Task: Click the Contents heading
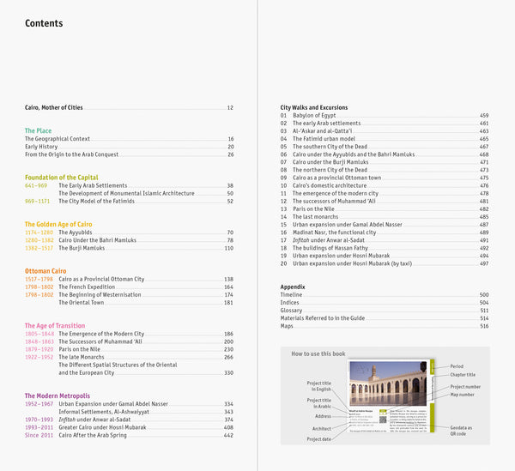(44, 24)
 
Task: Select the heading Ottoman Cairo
(48, 271)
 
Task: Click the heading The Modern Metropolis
(57, 396)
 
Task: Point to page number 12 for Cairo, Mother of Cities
(230, 108)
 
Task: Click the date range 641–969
(36, 185)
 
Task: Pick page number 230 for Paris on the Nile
(228, 349)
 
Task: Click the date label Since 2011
(39, 435)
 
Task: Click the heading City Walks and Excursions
(314, 108)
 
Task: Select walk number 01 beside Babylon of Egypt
(284, 116)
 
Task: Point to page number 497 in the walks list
(484, 263)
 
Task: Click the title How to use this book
(318, 353)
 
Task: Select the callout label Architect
(321, 428)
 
